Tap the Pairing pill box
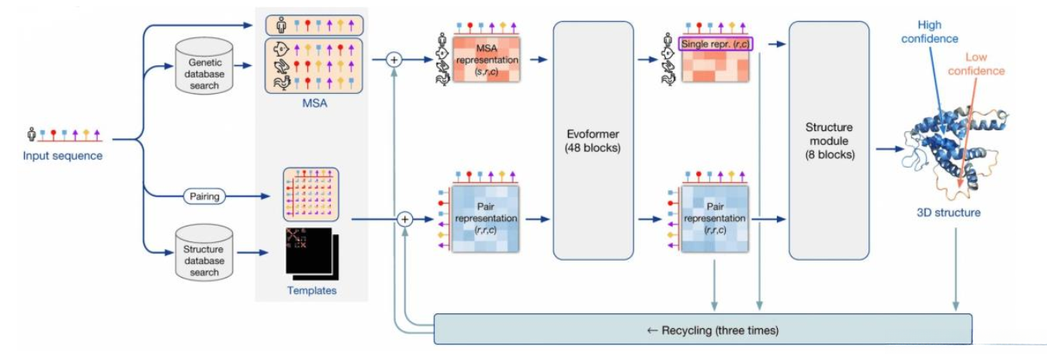[x=204, y=196]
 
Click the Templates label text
[x=311, y=290]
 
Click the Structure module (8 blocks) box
[x=829, y=140]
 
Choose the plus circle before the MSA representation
[x=394, y=58]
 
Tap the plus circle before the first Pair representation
[x=404, y=220]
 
